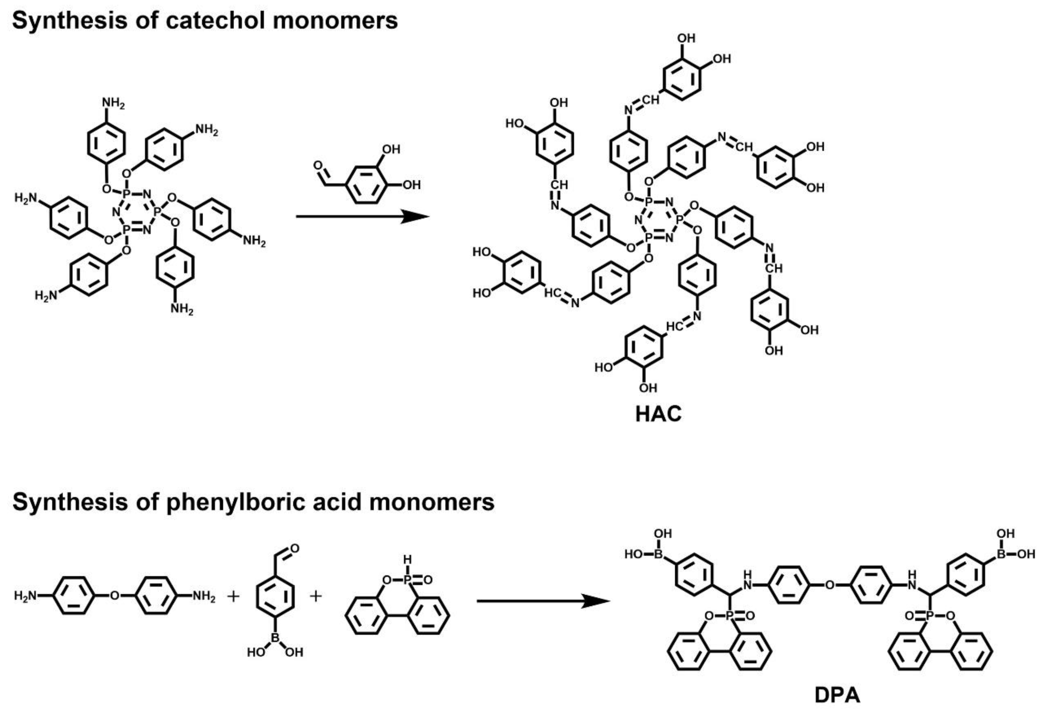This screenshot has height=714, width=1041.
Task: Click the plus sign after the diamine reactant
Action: click(x=233, y=596)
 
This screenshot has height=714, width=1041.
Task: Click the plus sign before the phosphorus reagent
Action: click(x=316, y=596)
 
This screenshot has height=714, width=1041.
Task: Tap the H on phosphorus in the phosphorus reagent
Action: click(x=407, y=559)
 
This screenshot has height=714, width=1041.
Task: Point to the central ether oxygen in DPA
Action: click(x=830, y=585)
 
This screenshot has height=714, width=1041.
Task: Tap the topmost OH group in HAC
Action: click(x=686, y=39)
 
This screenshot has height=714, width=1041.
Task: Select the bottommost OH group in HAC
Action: click(x=648, y=388)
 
